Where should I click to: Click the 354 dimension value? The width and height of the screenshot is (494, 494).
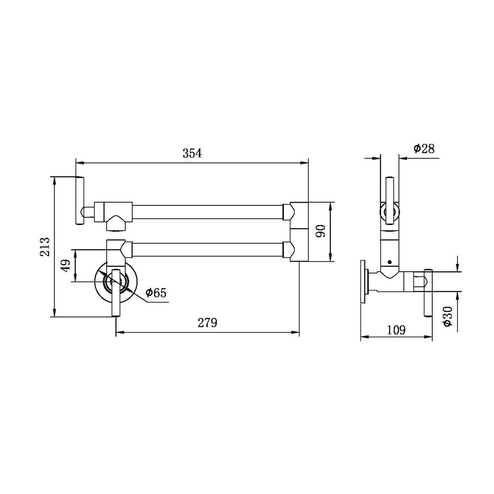pyautogui.click(x=192, y=153)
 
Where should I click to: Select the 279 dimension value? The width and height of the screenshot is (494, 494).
pyautogui.click(x=207, y=322)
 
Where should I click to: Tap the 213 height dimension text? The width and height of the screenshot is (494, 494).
pyautogui.click(x=45, y=247)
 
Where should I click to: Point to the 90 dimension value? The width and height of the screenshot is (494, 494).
pyautogui.click(x=321, y=231)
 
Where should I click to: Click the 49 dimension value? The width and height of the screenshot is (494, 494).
pyautogui.click(x=66, y=266)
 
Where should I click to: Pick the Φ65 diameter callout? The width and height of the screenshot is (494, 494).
pyautogui.click(x=156, y=293)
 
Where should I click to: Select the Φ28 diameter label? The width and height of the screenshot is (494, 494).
pyautogui.click(x=424, y=149)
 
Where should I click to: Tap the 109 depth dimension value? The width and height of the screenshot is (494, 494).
pyautogui.click(x=396, y=330)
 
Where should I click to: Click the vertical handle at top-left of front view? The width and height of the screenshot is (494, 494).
pyautogui.click(x=80, y=201)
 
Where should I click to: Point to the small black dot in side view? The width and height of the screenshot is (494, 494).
pyautogui.click(x=389, y=262)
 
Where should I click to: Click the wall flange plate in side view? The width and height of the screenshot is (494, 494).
pyautogui.click(x=363, y=282)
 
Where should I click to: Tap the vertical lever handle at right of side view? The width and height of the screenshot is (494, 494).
pyautogui.click(x=428, y=293)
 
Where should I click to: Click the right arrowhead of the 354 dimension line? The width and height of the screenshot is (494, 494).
pyautogui.click(x=305, y=162)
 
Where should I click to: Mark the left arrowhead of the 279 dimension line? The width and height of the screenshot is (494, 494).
pyautogui.click(x=119, y=333)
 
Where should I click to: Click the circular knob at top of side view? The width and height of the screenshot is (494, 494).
pyautogui.click(x=390, y=212)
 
